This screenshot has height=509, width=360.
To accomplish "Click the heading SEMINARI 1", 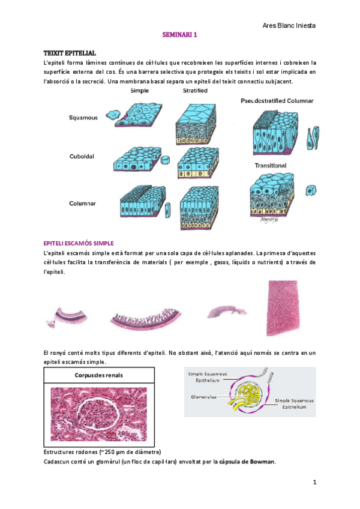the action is coord(180,35).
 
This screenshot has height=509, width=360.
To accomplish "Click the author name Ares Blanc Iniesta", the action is coord(289,25).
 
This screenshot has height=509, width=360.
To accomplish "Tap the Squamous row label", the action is coord(83,118).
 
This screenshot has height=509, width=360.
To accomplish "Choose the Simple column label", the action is coord(140,91).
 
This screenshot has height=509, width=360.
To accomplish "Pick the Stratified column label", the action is coord(195,91).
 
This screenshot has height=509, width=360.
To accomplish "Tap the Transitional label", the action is coord(270,165).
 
